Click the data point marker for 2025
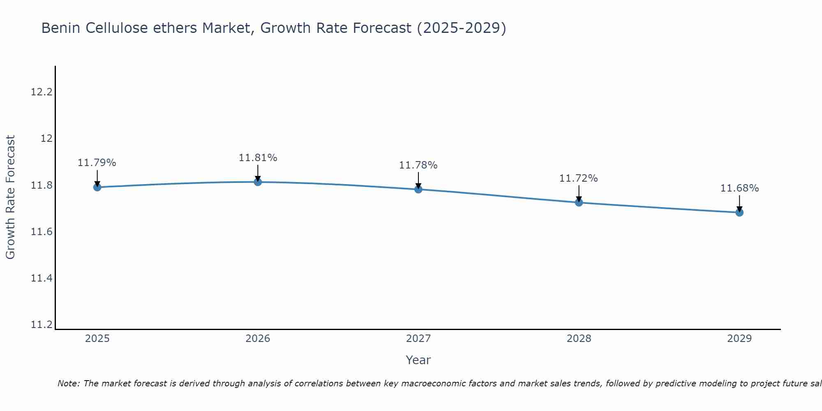click(97, 187)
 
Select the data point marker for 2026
click(258, 182)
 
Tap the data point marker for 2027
click(418, 189)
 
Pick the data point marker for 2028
click(579, 203)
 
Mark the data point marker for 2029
click(739, 212)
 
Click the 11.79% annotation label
click(97, 163)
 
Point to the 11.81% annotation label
click(258, 158)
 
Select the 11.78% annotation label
click(418, 165)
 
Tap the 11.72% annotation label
click(578, 178)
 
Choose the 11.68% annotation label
click(739, 188)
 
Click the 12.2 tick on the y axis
click(42, 92)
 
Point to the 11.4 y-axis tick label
click(42, 278)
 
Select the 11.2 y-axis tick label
click(42, 325)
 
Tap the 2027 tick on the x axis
click(418, 339)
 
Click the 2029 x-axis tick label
click(739, 339)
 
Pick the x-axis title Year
click(418, 360)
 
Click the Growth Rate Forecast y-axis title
click(11, 197)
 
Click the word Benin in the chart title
click(58, 28)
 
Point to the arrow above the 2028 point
click(579, 193)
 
